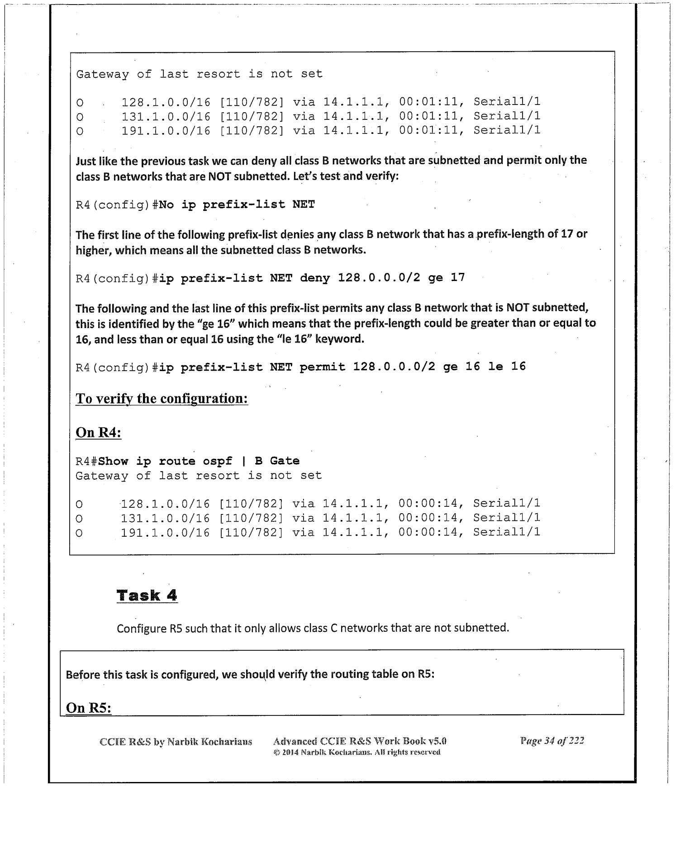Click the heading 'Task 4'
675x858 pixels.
tap(147, 595)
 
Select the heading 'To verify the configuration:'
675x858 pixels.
tap(162, 399)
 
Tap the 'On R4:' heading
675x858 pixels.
tap(98, 432)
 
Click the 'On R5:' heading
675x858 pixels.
tap(89, 707)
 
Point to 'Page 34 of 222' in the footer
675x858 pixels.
tap(552, 741)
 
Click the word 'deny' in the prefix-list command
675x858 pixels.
tap(315, 277)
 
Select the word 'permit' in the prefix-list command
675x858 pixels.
tap(322, 366)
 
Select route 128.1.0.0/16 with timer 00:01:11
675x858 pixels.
tap(166, 102)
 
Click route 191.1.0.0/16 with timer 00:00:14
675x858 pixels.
tap(165, 533)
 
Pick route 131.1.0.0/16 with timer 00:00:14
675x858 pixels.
tap(165, 518)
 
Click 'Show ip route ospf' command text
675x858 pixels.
tap(165, 461)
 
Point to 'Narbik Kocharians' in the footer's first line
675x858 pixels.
tap(209, 742)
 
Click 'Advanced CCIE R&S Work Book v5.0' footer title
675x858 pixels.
tap(360, 741)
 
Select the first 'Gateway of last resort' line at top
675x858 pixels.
tap(199, 74)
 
